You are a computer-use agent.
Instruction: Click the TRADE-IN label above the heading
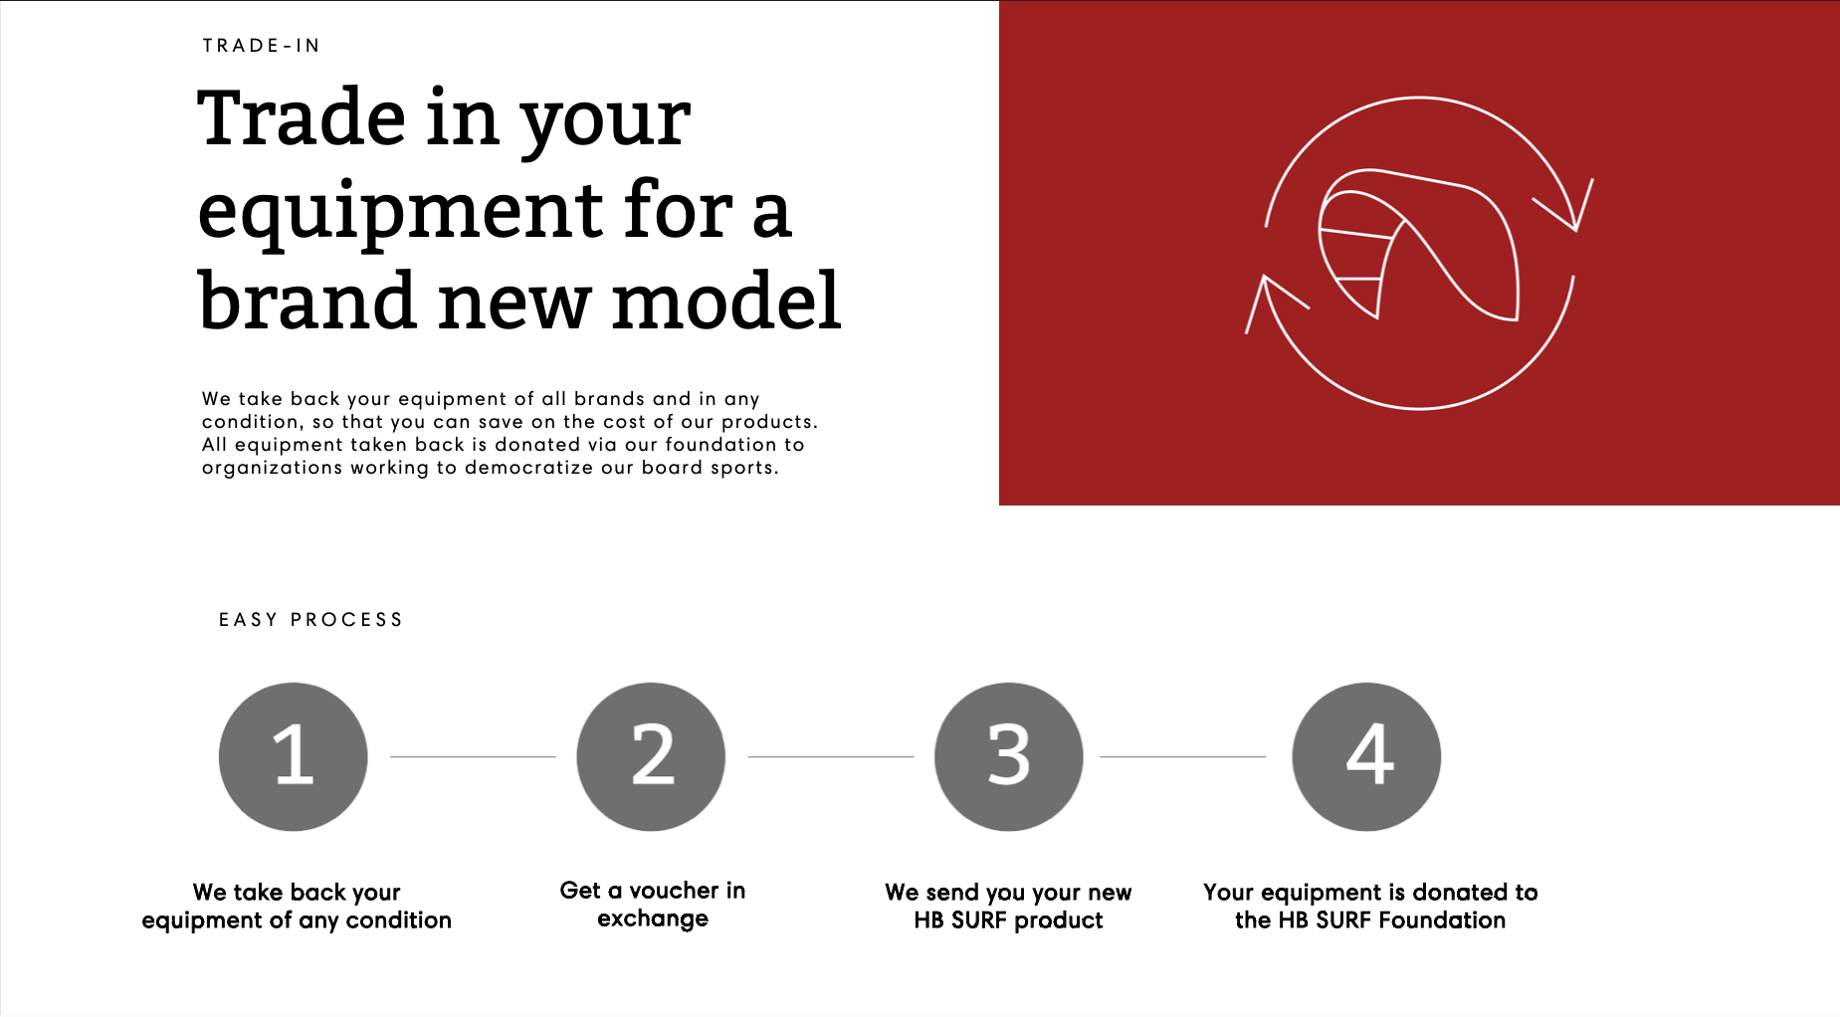click(x=261, y=46)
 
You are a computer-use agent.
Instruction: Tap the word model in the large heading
click(x=726, y=300)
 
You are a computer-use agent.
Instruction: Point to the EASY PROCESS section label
click(x=310, y=620)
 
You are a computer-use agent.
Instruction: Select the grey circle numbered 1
click(x=294, y=756)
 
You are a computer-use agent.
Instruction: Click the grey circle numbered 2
click(x=651, y=756)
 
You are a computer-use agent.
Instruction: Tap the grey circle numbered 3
click(x=1009, y=756)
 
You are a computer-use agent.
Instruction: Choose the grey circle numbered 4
click(x=1366, y=756)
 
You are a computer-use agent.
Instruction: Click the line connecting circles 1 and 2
click(x=473, y=756)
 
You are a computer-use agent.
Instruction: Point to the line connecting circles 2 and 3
click(x=831, y=756)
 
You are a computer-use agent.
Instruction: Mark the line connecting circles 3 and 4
click(x=1182, y=756)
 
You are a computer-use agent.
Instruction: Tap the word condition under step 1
click(x=399, y=919)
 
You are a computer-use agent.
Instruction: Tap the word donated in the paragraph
click(x=537, y=445)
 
